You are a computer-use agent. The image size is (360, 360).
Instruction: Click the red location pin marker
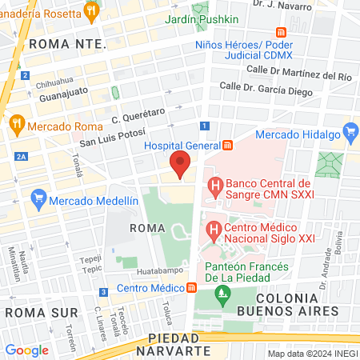(x=181, y=163)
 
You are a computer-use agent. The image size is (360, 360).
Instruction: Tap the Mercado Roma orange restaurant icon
(x=16, y=125)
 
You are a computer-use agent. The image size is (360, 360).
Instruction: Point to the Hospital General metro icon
(x=228, y=145)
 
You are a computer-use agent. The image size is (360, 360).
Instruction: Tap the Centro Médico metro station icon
(x=192, y=288)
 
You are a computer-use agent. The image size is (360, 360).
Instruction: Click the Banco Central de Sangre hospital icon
(x=214, y=188)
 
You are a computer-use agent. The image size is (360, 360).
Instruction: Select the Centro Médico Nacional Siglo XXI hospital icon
(x=214, y=232)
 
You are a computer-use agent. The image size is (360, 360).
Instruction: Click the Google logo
(x=27, y=350)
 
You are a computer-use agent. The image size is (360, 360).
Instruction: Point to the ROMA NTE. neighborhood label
(x=67, y=45)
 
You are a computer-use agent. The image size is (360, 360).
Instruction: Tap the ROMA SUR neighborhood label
(x=40, y=310)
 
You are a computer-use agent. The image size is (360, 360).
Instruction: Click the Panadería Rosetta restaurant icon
(x=92, y=11)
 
